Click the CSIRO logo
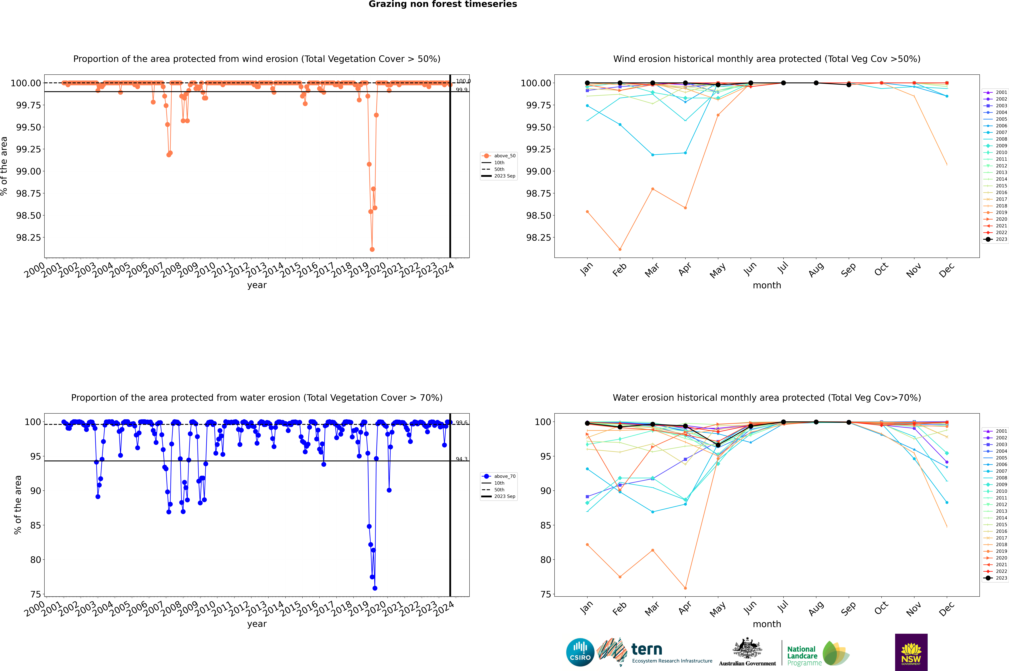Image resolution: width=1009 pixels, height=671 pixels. pos(580,652)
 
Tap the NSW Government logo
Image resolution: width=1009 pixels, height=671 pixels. pos(911,652)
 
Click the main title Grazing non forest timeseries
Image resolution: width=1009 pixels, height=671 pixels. pos(443,4)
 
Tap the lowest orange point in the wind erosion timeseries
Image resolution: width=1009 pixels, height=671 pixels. pos(372,249)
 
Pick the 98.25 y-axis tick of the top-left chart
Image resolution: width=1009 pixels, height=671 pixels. pos(29,237)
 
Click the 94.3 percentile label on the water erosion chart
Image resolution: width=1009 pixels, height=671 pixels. pos(462,459)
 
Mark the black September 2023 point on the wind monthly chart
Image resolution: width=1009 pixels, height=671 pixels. pos(849,85)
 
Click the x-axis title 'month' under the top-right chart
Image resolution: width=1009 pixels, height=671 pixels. pos(767,285)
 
